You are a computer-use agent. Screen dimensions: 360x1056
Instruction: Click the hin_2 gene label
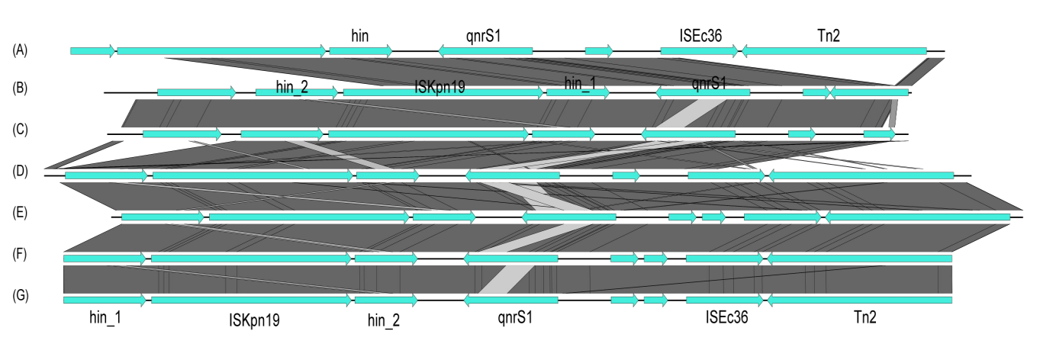[x=292, y=88]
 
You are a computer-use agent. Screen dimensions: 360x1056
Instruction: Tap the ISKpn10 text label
[x=439, y=87]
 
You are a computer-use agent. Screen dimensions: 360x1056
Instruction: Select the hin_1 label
[x=580, y=82]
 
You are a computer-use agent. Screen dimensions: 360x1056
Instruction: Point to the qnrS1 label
[x=709, y=82]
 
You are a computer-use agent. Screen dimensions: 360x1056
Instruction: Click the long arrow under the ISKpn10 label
[x=443, y=93]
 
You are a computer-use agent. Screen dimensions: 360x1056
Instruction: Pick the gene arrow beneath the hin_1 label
[x=578, y=93]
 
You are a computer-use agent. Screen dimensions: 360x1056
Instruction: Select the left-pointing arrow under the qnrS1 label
[x=703, y=93]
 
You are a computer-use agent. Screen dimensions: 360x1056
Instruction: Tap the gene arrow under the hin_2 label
[x=296, y=93]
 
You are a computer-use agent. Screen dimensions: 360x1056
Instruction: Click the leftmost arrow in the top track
[x=92, y=51]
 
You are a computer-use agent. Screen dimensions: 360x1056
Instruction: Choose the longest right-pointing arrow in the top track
[x=221, y=51]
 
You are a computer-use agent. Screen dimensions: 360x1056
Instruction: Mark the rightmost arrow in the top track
[x=834, y=51]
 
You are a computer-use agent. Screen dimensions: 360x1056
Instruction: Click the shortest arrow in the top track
[x=598, y=51]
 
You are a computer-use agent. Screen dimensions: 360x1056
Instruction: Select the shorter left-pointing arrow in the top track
[x=485, y=51]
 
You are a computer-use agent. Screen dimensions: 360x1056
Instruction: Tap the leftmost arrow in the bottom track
[x=104, y=301]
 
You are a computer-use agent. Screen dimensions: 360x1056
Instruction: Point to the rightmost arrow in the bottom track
[x=859, y=301]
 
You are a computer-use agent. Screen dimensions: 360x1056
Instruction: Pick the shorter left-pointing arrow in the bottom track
[x=510, y=301]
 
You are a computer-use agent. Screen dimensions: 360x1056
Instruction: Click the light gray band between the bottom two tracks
[x=506, y=279]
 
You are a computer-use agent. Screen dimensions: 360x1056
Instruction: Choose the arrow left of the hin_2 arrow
[x=196, y=93]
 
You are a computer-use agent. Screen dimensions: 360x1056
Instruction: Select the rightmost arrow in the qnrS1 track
[x=869, y=93]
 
